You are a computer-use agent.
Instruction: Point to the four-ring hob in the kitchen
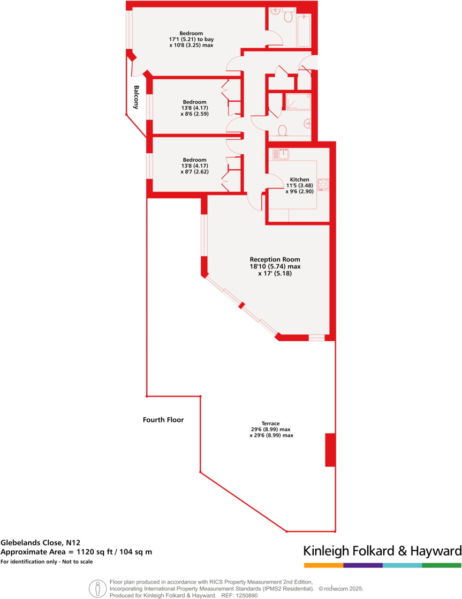pos(324,185)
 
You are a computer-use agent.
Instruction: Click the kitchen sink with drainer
pos(281,154)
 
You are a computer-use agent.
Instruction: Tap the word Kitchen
pos(299,179)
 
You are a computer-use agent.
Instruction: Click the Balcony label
pos(137,98)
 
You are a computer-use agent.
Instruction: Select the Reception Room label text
pos(275,259)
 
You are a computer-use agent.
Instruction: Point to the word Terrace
pos(271,423)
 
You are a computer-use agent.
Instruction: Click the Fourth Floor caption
pos(163,420)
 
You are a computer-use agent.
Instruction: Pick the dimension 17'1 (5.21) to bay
pos(191,39)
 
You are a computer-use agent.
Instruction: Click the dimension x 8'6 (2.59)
pos(194,114)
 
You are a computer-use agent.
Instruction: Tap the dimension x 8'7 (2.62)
pos(194,172)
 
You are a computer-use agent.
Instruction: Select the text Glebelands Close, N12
pos(40,542)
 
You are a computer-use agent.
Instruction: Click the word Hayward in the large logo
pos(434,551)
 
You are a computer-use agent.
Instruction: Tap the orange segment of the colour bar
pos(323,565)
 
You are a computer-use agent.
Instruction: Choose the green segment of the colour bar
pos(442,565)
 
